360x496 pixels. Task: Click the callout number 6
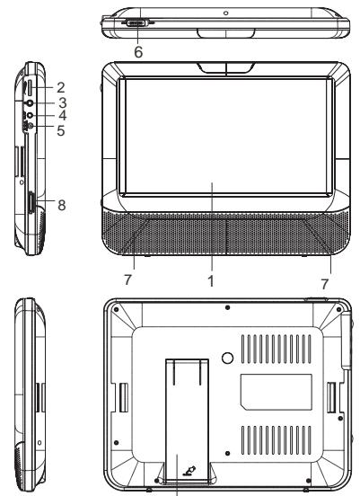(137, 53)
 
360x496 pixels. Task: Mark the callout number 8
(61, 203)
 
